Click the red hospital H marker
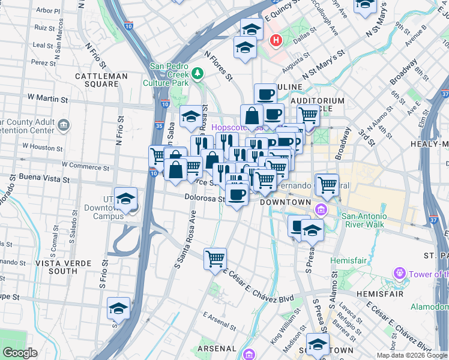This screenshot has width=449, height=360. click(x=276, y=41)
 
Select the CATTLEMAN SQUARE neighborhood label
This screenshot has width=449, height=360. click(x=101, y=80)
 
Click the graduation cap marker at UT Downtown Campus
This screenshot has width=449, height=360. click(x=125, y=199)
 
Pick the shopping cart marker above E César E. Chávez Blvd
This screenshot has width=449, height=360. click(x=215, y=260)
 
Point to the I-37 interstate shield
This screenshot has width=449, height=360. click(x=444, y=94)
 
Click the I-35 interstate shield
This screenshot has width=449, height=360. click(x=158, y=126)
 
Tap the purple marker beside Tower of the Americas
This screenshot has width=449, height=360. click(x=399, y=274)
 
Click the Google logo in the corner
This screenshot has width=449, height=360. click(x=20, y=353)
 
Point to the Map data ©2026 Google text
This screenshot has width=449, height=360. click(x=412, y=355)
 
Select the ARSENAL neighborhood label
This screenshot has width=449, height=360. click(x=216, y=348)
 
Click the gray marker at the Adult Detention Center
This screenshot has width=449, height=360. click(x=65, y=125)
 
